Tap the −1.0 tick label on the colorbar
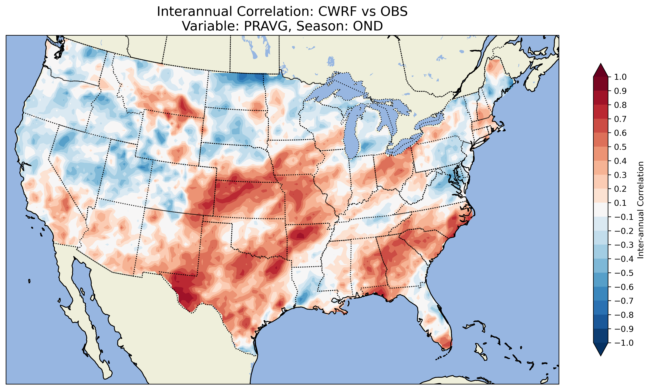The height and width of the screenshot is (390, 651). pyautogui.click(x=624, y=343)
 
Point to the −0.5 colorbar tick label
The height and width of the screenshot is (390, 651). pyautogui.click(x=624, y=273)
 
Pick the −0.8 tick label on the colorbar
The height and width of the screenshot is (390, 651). pyautogui.click(x=624, y=315)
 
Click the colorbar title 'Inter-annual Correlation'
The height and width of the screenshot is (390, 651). pyautogui.click(x=640, y=210)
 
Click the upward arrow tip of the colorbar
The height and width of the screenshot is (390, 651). pyautogui.click(x=601, y=64)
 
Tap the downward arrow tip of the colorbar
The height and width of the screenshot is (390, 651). pyautogui.click(x=601, y=355)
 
